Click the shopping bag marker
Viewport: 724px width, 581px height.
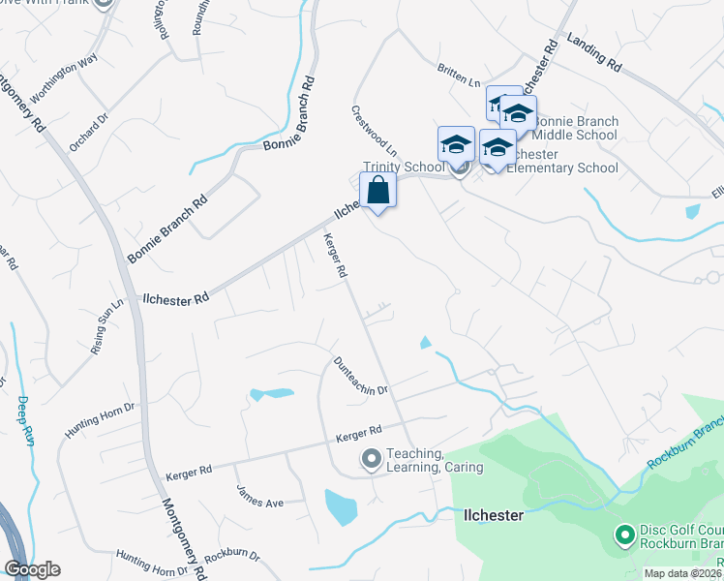tap(377, 190)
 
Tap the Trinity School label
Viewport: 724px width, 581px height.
tap(404, 168)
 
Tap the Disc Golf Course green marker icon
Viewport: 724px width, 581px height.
tap(624, 534)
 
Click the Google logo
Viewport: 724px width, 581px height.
tap(32, 569)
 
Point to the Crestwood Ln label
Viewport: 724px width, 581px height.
tap(375, 131)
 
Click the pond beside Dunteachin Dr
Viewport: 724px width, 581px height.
tap(271, 394)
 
